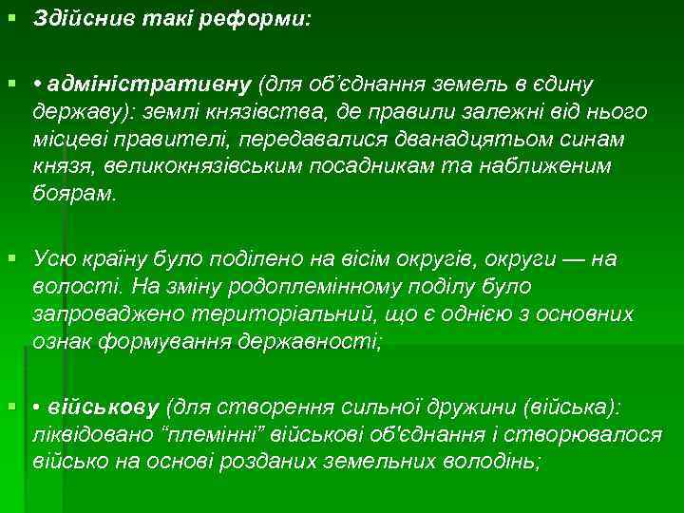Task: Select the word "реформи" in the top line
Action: pyautogui.click(x=261, y=19)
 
